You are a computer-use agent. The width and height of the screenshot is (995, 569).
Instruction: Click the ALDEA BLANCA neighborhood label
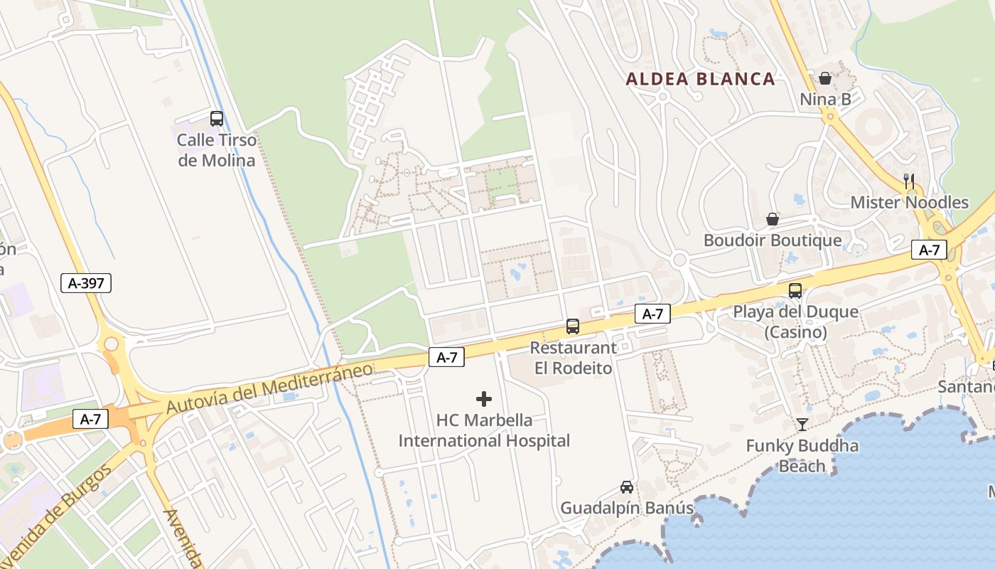click(700, 79)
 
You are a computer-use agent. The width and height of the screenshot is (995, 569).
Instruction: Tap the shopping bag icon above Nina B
click(825, 78)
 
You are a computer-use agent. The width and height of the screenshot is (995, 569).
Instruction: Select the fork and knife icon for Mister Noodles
click(909, 181)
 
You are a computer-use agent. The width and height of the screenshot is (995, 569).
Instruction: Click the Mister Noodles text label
click(909, 203)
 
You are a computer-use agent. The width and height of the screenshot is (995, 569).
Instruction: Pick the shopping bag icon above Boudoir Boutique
click(773, 219)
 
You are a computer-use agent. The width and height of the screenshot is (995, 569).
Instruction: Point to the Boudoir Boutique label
click(773, 240)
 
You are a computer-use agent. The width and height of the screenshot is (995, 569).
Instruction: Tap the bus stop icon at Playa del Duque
click(795, 290)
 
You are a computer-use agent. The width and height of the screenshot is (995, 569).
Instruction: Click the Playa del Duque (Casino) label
click(795, 321)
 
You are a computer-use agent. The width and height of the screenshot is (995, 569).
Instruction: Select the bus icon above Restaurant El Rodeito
click(573, 326)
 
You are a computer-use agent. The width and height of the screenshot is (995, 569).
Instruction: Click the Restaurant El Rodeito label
click(573, 358)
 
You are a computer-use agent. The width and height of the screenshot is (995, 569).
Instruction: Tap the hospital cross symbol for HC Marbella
click(484, 399)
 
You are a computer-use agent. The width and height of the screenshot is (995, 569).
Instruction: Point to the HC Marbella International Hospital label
click(484, 430)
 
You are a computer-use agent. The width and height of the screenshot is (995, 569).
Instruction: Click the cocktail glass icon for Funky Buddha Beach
click(802, 425)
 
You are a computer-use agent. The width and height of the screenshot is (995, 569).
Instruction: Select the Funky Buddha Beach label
click(802, 456)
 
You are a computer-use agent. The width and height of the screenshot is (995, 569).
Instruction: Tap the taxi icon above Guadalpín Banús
click(626, 487)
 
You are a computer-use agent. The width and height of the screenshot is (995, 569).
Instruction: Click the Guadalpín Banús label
click(626, 509)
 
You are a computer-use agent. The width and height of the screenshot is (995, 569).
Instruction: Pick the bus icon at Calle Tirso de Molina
click(217, 119)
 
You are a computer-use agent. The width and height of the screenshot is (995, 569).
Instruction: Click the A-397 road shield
click(86, 283)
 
